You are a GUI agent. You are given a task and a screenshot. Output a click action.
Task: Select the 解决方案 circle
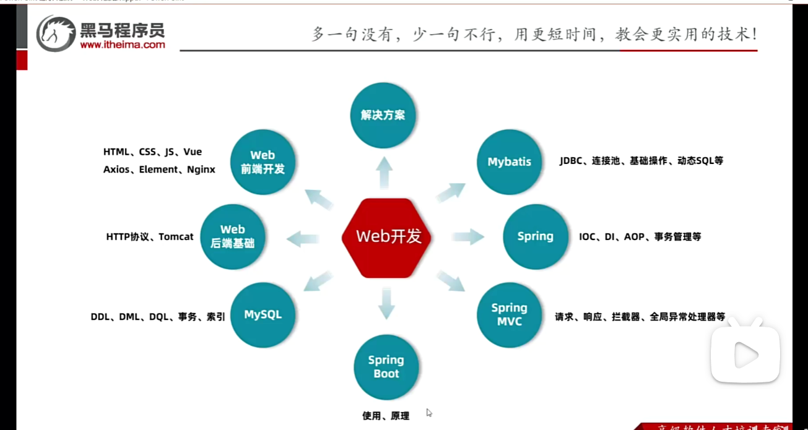(383, 115)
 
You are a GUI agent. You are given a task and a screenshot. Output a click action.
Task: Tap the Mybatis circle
(509, 162)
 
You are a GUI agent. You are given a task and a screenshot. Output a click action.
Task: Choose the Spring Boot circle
(386, 367)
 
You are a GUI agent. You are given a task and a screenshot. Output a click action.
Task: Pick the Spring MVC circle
(509, 315)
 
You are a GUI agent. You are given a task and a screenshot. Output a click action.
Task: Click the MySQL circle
(263, 315)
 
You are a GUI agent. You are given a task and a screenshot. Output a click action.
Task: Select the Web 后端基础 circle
(233, 237)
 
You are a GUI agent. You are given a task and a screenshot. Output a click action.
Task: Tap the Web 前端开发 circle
(263, 162)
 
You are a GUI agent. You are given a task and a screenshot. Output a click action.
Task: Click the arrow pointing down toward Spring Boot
(386, 303)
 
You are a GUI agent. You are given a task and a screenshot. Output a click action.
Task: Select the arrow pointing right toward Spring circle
(468, 236)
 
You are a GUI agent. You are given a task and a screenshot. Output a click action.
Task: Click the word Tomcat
(176, 237)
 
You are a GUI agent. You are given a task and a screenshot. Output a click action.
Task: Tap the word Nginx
(201, 170)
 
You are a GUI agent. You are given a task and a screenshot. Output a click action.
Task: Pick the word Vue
(193, 152)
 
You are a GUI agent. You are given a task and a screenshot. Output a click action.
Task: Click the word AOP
(634, 237)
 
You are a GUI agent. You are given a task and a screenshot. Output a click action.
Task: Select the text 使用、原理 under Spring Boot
(386, 416)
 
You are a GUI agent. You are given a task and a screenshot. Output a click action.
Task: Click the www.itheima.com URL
(123, 45)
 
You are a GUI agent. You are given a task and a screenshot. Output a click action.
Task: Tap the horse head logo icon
(55, 33)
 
